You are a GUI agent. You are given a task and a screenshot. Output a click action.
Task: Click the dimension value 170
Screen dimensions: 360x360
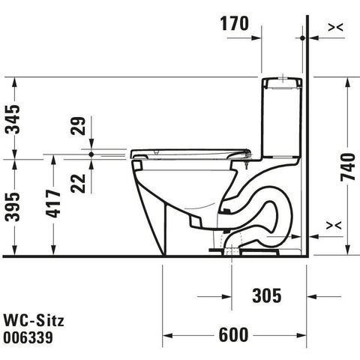[234, 23]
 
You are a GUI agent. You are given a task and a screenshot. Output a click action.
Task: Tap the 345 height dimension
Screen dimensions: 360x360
[13, 119]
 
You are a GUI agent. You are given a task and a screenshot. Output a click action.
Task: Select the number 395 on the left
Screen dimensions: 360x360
[13, 207]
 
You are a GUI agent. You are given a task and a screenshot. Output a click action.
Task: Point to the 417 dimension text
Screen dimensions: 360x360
[53, 203]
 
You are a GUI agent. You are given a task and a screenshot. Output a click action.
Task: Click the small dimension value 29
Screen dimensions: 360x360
[78, 126]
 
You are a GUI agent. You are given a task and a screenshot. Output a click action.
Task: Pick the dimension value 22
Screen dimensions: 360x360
[78, 183]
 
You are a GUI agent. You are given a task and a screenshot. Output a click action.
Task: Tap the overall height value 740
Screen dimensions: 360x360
[348, 166]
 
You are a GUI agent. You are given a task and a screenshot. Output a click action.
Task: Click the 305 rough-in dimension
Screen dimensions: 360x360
[267, 295]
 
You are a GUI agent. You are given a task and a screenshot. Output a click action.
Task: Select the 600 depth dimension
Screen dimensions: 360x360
[234, 334]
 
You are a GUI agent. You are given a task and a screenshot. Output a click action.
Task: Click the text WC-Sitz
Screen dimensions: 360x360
[34, 320]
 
